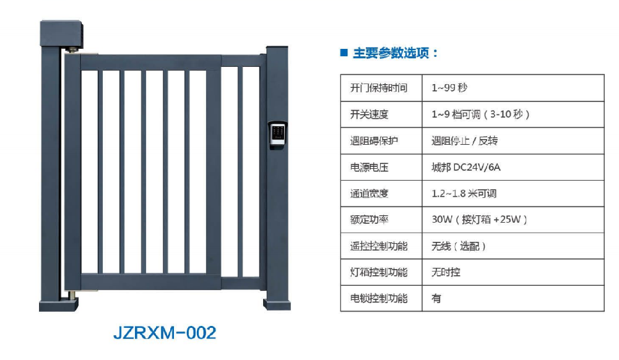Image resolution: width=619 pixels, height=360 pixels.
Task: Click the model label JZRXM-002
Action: pyautogui.click(x=164, y=333)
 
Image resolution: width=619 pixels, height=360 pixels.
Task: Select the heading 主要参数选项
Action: pyautogui.click(x=395, y=53)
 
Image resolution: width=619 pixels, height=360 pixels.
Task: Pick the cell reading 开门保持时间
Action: pyautogui.click(x=378, y=88)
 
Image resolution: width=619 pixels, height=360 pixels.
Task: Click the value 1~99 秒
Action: pyautogui.click(x=449, y=88)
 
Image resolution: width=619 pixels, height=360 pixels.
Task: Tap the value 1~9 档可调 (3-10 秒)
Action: pyautogui.click(x=480, y=115)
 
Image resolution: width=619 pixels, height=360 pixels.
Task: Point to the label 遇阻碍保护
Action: pyautogui.click(x=374, y=141)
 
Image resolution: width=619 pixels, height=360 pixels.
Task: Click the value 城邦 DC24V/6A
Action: pyautogui.click(x=466, y=168)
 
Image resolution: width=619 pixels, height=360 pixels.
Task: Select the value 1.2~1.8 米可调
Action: pyautogui.click(x=464, y=194)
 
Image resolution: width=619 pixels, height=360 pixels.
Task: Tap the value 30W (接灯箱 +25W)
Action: pyautogui.click(x=479, y=220)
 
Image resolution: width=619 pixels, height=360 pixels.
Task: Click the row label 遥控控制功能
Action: pyautogui.click(x=378, y=246)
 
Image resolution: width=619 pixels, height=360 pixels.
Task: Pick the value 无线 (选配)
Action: pyautogui.click(x=459, y=246)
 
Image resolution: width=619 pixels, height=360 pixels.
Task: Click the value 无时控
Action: pyautogui.click(x=446, y=272)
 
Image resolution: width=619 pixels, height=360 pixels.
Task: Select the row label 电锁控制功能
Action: pyautogui.click(x=378, y=299)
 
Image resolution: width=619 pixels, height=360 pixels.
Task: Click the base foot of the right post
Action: pyautogui.click(x=277, y=304)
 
